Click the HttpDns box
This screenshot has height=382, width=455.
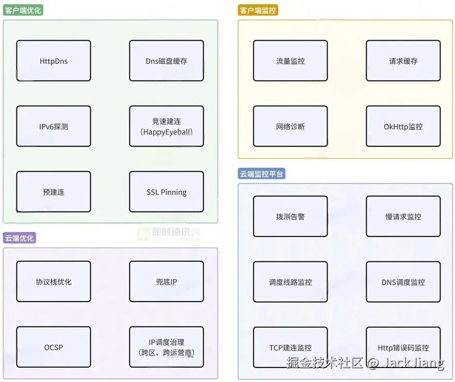(x=54, y=61)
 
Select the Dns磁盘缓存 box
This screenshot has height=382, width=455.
(x=166, y=61)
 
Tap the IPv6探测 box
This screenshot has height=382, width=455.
(x=54, y=126)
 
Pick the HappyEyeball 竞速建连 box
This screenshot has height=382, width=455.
(x=166, y=126)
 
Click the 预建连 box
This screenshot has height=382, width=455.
(x=54, y=192)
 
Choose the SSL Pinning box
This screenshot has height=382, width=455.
(x=166, y=192)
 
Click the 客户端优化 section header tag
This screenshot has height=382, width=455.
(x=24, y=10)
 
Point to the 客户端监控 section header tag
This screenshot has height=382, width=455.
(x=258, y=10)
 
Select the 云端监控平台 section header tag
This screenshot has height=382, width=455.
(x=262, y=174)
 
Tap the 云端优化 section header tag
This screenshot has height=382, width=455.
(x=20, y=238)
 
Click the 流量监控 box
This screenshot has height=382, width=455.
(x=290, y=61)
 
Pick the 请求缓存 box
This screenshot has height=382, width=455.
(x=403, y=61)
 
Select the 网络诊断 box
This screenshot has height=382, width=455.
(x=290, y=126)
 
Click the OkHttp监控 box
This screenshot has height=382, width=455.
(x=403, y=126)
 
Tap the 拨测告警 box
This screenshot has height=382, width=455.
(x=290, y=217)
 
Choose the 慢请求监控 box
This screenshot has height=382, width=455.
(x=403, y=217)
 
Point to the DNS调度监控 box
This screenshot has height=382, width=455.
(x=403, y=282)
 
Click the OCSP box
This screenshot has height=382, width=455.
(x=54, y=347)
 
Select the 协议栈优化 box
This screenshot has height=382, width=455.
(x=54, y=281)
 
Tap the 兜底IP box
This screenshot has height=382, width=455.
(x=166, y=281)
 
